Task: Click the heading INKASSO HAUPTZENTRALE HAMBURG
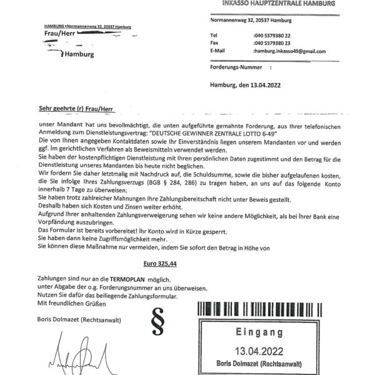278,4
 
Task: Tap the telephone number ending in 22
272,36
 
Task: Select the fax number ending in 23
272,43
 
